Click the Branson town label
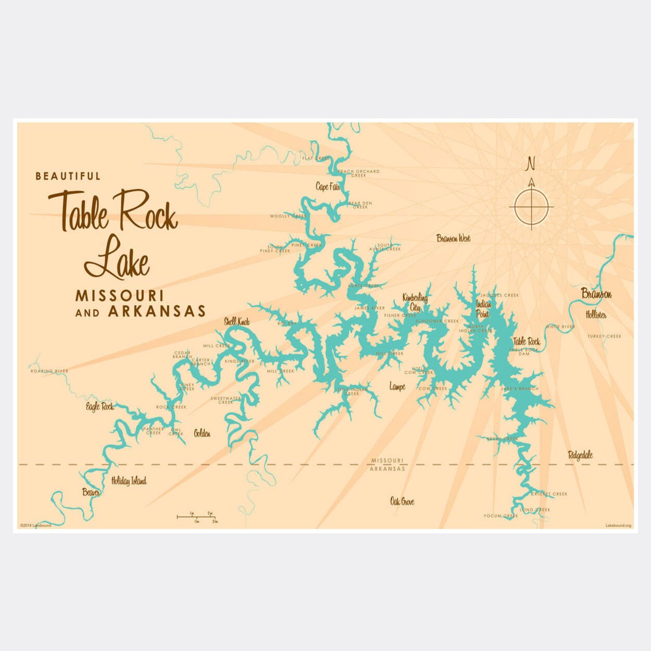[x=596, y=294]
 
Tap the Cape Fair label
[x=328, y=186]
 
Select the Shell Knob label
[x=237, y=322]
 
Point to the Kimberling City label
[x=415, y=303]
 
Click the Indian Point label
[x=483, y=309]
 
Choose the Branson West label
[x=453, y=239]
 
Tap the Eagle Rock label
[x=99, y=406]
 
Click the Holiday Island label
[x=129, y=481]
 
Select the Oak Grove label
[x=402, y=502]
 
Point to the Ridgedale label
[x=580, y=455]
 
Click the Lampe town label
[x=397, y=386]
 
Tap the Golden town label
[x=202, y=433]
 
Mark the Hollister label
[x=596, y=315]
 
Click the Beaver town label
[x=91, y=492]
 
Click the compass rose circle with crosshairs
[x=531, y=207]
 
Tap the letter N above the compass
[x=531, y=164]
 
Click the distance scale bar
[x=196, y=517]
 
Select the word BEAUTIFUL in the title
[x=68, y=176]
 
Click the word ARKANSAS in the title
[x=156, y=312]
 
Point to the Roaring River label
[x=49, y=371]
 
